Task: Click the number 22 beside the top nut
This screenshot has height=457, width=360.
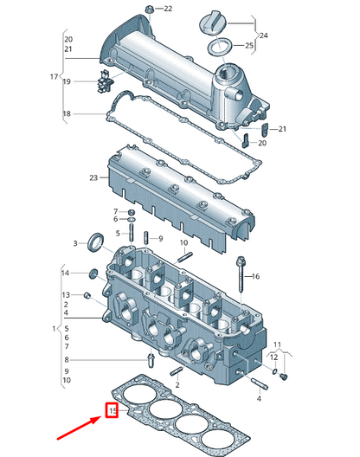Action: pos(168,9)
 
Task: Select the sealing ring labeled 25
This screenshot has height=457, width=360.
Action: pos(219,45)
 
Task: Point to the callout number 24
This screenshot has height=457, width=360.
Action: pos(263,35)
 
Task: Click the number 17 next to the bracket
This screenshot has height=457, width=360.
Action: pos(54,77)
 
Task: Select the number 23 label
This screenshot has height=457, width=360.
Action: pos(94,179)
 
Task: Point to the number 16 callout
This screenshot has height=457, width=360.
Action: pos(254,276)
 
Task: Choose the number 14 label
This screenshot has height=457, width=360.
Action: pos(64,273)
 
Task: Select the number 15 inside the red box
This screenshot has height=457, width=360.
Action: pos(112,410)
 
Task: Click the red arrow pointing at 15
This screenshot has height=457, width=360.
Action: pos(75,428)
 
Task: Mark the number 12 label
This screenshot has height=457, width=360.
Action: pos(275,356)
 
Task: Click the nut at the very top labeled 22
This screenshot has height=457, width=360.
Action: pos(149,10)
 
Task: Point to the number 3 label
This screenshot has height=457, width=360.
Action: pos(74,243)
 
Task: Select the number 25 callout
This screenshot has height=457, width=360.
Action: pos(249,45)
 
